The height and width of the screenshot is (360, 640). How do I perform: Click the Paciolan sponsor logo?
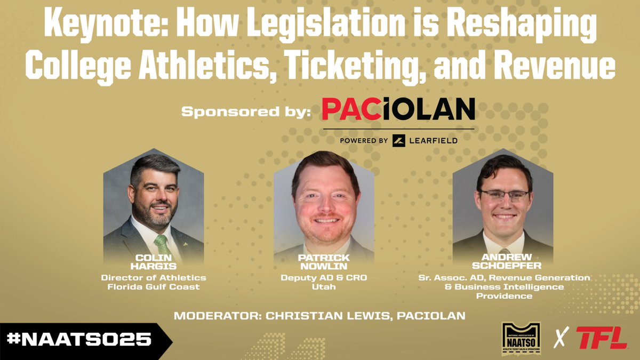398,110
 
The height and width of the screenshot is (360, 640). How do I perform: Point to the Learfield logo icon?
399,140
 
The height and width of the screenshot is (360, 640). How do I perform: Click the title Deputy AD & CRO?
324,278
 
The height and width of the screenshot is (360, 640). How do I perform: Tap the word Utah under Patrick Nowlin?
324,286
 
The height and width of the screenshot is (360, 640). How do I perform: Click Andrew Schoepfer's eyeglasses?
503,195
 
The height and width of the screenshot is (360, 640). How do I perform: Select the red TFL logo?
601,338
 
